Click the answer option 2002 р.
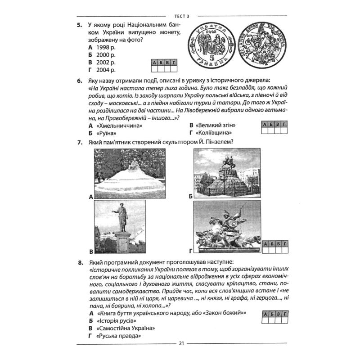click(x=106, y=63)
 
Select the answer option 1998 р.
click(x=106, y=48)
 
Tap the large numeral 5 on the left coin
click(x=211, y=58)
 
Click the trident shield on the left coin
click(x=211, y=47)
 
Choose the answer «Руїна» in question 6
click(x=107, y=133)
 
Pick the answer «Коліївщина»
click(x=213, y=133)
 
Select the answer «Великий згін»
click(x=216, y=126)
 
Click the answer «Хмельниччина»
click(x=119, y=126)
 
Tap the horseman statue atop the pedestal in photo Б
click(x=228, y=162)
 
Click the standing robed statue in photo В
click(x=121, y=217)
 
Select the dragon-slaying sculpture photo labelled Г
click(x=227, y=227)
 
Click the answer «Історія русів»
click(x=117, y=321)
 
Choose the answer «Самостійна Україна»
click(x=126, y=328)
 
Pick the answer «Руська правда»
click(x=119, y=336)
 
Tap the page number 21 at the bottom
click(x=181, y=344)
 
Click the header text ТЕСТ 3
click(x=182, y=16)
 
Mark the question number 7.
click(x=80, y=143)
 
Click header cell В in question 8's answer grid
click(x=278, y=314)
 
